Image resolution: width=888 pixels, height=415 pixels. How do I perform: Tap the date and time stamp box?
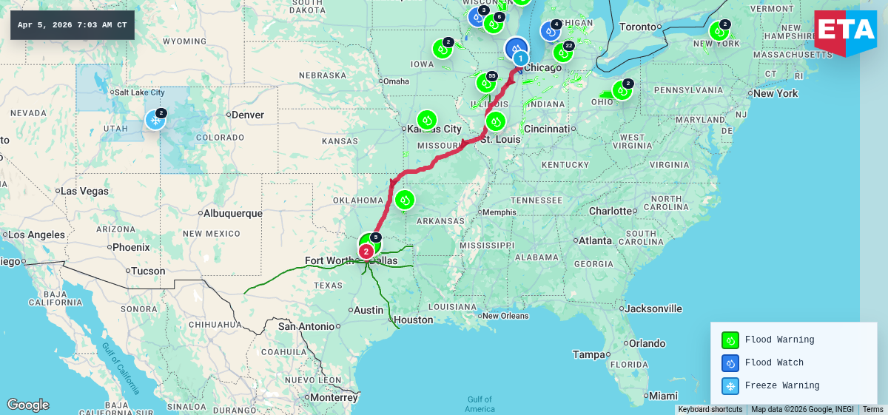point(72,25)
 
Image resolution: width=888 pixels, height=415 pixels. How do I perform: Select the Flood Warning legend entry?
point(778,340)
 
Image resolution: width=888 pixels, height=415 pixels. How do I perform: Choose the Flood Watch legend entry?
point(773,362)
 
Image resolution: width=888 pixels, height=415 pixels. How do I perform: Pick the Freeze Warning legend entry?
point(781,385)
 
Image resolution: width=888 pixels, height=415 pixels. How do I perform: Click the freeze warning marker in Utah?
point(155,120)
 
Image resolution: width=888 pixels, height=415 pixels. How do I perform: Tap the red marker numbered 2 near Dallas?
point(366,252)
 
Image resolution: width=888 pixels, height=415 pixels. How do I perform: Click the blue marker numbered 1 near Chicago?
point(520,58)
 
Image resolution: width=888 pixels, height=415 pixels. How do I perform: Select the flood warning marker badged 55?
point(486,82)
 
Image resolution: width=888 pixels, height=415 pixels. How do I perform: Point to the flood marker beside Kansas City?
point(426,119)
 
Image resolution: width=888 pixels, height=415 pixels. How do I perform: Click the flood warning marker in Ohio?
point(622,91)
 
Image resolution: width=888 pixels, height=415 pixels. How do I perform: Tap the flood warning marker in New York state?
point(719,31)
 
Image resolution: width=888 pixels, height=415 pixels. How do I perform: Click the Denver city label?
point(247,115)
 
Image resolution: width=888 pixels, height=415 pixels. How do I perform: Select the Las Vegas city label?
point(85,191)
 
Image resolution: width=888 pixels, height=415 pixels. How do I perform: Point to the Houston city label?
point(413,320)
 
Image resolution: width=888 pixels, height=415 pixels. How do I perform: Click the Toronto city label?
point(637,27)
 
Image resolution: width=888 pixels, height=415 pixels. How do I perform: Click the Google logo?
point(28,405)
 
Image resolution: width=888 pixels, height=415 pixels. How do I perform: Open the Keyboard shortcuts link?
point(710,410)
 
